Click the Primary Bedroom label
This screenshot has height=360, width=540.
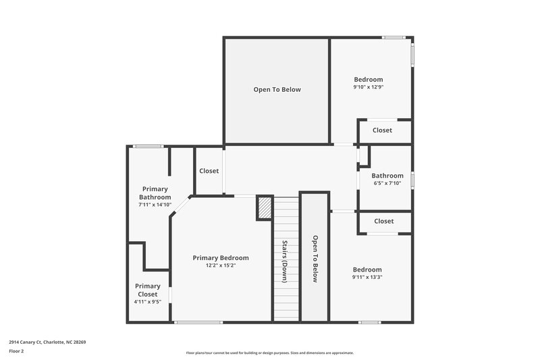[221, 258]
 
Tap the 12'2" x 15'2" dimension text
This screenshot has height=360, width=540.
[221, 265]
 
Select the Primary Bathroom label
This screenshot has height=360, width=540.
[155, 193]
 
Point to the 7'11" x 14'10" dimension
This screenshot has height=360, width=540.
[155, 205]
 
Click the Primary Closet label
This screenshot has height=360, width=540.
[148, 290]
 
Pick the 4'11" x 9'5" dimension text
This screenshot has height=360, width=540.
[148, 302]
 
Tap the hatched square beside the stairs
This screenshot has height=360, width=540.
[265, 207]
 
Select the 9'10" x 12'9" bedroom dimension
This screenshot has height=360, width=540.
[368, 87]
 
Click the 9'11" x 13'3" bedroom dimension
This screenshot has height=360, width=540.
[367, 277]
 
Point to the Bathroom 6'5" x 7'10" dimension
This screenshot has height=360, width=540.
[387, 183]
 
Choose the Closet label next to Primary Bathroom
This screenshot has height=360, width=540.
[209, 171]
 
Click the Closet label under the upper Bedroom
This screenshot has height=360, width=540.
[383, 130]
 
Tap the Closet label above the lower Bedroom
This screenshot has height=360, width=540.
[384, 221]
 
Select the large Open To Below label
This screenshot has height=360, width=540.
[277, 89]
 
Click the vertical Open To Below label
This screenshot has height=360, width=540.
[315, 259]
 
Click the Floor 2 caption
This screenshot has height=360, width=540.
[16, 351]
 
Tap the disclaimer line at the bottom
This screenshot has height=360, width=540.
[270, 353]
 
